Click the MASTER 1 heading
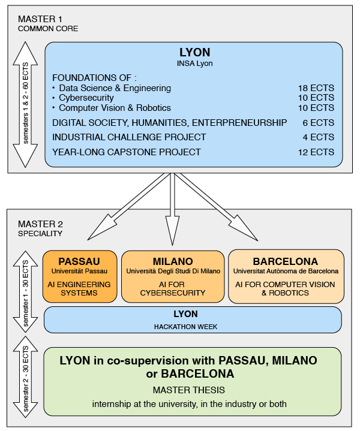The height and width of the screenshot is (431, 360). click(40, 19)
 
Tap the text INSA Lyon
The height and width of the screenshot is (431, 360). click(194, 64)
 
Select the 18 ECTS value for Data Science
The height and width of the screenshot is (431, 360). click(316, 88)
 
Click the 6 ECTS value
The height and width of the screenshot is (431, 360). click(319, 123)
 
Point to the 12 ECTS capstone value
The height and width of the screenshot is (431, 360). click(316, 152)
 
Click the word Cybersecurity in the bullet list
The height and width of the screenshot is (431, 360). click(86, 98)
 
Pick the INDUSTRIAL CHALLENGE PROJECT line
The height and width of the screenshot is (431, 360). click(129, 137)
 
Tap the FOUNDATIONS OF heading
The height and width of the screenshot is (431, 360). click(94, 78)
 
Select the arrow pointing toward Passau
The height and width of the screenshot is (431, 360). click(129, 206)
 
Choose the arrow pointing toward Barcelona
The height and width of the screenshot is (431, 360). click(217, 207)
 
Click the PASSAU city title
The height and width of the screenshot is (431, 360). click(79, 261)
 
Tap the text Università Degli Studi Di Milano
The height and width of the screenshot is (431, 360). click(173, 272)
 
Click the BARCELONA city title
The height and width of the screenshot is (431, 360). click(286, 261)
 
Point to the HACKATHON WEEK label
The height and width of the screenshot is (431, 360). click(185, 327)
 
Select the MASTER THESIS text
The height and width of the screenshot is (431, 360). click(189, 390)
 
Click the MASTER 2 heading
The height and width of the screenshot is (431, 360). click(40, 224)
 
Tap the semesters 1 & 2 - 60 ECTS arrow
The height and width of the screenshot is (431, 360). click(25, 104)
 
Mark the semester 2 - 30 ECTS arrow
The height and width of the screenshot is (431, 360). click(25, 377)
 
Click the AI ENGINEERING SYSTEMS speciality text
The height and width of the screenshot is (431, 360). click(79, 288)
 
